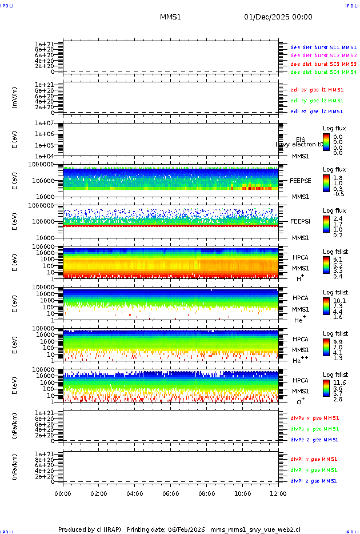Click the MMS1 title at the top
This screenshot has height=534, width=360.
point(170,17)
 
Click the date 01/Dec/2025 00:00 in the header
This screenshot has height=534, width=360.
point(278,17)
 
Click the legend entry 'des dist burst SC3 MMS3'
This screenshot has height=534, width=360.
point(323,64)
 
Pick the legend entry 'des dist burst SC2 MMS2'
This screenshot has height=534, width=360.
point(323,55)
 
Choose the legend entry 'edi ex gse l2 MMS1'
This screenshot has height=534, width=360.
point(317,89)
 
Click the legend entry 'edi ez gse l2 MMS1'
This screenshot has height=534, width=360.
point(317,111)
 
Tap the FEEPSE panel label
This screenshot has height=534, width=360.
point(301,180)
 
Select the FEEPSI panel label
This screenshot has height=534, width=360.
point(301,221)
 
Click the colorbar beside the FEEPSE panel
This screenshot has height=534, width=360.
point(326,182)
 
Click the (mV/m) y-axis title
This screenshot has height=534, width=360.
point(15,98)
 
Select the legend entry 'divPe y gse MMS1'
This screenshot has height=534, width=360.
point(314,429)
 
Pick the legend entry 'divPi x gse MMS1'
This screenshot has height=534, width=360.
point(314,459)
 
